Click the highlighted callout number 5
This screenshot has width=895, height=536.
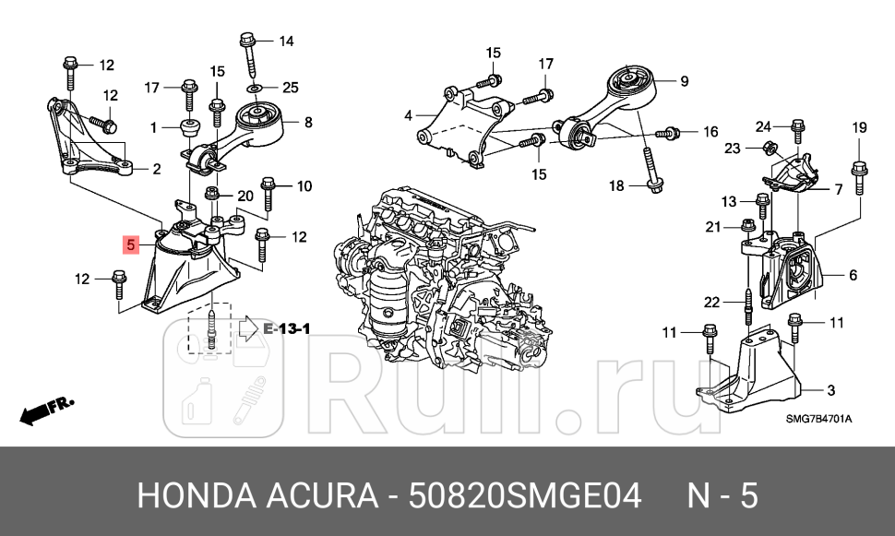[131, 245]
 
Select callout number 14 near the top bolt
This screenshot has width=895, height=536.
[286, 41]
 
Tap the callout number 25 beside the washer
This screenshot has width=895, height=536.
[291, 88]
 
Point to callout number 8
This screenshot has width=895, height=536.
[307, 121]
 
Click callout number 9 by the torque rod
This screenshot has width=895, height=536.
[684, 81]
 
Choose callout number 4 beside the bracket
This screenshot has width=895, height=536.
[408, 116]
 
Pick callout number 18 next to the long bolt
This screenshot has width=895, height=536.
[616, 186]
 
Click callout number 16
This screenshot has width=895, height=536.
[710, 132]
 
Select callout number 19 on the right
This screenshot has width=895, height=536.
[859, 127]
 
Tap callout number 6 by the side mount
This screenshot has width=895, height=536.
[852, 275]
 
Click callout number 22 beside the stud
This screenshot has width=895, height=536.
[711, 302]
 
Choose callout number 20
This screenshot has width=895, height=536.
[245, 196]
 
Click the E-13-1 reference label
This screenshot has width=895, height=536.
[287, 328]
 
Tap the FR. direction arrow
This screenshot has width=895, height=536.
[46, 410]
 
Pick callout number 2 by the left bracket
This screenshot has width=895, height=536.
[156, 169]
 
